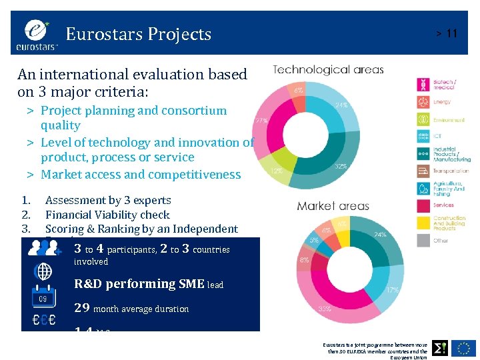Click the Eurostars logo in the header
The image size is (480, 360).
tap(37, 34)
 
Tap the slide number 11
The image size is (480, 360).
tap(451, 33)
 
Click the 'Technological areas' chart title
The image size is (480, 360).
tap(328, 69)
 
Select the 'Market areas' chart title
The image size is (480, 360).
tap(333, 206)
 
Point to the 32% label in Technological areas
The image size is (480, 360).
tap(341, 166)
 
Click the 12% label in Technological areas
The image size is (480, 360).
tap(275, 171)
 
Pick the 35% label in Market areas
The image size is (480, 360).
tap(325, 309)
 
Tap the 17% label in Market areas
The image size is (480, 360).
tap(392, 290)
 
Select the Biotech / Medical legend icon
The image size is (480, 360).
tap(423, 85)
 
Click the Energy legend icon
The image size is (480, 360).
tap(423, 102)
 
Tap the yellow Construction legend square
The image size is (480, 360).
tap(423, 223)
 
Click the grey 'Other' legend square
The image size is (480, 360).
tap(423, 240)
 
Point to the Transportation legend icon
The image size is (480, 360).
tap(423, 171)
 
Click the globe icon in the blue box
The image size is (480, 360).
tap(43, 271)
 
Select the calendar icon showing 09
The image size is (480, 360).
tap(43, 296)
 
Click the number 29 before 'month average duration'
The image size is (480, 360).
tap(82, 308)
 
